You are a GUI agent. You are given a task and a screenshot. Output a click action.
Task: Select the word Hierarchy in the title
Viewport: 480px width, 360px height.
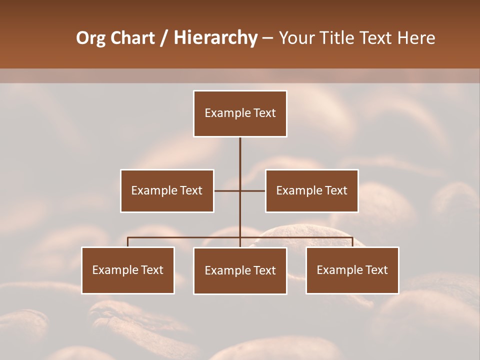215,38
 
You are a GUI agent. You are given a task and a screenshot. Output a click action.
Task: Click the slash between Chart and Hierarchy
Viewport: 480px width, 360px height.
164,38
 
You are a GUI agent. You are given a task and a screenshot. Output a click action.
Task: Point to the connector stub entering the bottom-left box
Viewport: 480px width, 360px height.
128,242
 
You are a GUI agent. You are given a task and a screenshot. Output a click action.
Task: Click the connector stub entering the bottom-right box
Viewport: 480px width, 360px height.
352,242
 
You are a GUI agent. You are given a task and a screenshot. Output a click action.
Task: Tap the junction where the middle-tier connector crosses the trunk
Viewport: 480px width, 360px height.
240,190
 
